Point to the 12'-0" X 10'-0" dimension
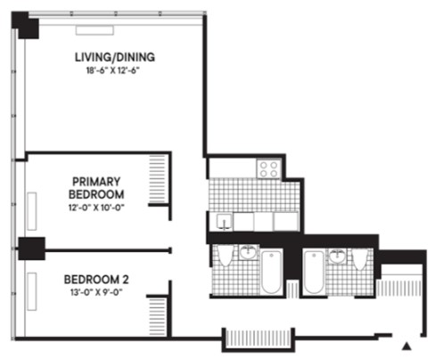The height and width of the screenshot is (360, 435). click(98, 206)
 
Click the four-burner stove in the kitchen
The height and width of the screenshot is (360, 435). click(268, 168)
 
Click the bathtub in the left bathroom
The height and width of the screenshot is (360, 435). click(271, 273)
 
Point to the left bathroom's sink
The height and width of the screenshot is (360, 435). click(248, 255)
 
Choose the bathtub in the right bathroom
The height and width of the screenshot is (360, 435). click(313, 273)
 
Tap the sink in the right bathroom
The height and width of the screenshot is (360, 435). click(337, 256)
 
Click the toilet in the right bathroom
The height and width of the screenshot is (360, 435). click(359, 258)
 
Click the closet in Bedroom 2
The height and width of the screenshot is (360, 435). click(157, 315)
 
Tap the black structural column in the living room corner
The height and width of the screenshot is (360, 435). click(29, 26)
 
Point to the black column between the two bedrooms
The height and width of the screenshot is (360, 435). click(31, 249)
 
